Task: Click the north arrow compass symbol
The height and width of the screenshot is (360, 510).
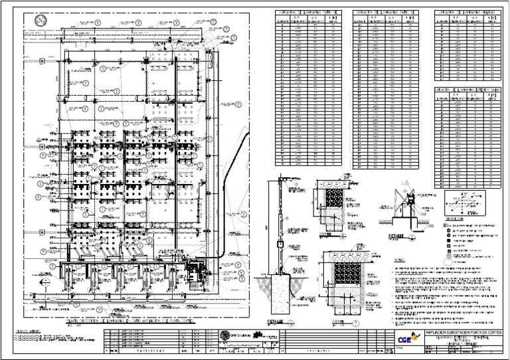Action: click(41, 21)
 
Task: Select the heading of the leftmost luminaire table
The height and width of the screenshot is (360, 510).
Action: click(308, 13)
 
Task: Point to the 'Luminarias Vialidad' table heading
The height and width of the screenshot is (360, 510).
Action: click(466, 13)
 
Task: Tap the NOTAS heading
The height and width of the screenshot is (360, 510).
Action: click(400, 261)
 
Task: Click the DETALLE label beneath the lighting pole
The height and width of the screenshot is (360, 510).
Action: click(276, 320)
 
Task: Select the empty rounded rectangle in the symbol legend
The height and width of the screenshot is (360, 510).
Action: click(452, 261)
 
